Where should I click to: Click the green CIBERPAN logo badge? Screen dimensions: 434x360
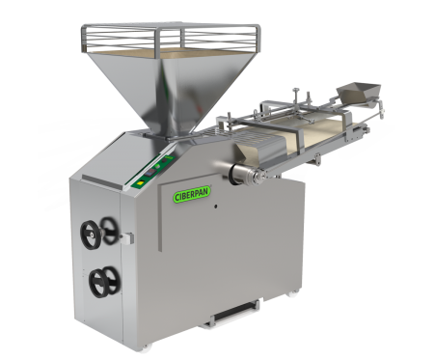pyautogui.click(x=192, y=194)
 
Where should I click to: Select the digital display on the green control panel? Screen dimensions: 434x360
pyautogui.click(x=149, y=173)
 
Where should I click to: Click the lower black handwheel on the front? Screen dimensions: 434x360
pyautogui.click(x=105, y=282)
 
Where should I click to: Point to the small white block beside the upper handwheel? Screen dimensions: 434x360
pyautogui.click(x=128, y=237)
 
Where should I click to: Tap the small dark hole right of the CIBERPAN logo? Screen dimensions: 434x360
pyautogui.click(x=216, y=207)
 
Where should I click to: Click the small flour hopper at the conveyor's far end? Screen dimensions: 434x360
pyautogui.click(x=359, y=93)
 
